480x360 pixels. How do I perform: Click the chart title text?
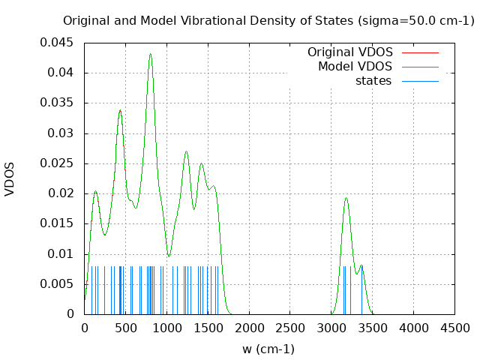point(268,20)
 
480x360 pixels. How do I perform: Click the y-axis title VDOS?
point(10,178)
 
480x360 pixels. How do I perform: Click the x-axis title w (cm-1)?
point(268,349)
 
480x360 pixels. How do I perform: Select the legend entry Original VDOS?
point(349,52)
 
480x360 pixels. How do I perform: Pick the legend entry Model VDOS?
point(355,67)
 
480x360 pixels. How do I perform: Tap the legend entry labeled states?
point(373,81)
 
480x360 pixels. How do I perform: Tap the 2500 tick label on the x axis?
point(289,328)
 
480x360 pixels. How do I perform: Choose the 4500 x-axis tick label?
point(454,328)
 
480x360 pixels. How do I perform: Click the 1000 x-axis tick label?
point(166,328)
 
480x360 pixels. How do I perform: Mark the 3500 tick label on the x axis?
point(372,328)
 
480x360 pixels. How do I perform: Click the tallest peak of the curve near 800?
point(150,54)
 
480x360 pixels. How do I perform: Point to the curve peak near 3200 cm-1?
point(346,198)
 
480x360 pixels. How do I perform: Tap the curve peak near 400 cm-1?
point(119,110)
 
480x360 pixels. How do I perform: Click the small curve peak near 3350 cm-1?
point(361,265)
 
